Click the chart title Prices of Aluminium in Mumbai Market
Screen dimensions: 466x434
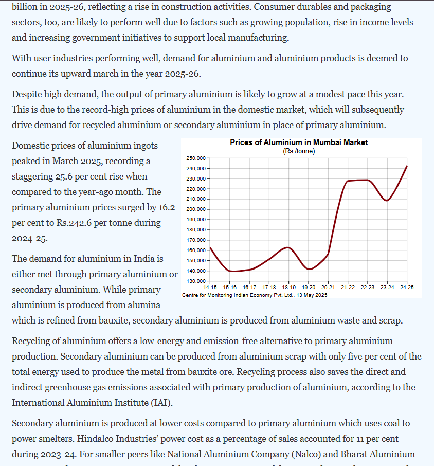(x=299, y=142)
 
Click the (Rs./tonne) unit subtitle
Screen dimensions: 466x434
(x=299, y=151)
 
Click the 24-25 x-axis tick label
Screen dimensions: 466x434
(x=407, y=287)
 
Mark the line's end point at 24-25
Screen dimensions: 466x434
(x=407, y=166)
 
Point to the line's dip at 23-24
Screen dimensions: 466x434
(x=387, y=201)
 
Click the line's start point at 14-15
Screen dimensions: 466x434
(x=211, y=248)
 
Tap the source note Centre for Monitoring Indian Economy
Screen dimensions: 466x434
(x=255, y=295)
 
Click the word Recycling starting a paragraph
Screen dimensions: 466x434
(x=32, y=341)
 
